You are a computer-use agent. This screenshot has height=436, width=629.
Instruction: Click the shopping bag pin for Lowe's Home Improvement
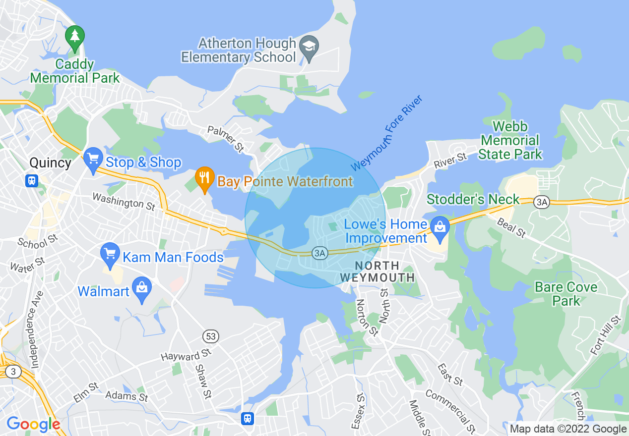(x=440, y=228)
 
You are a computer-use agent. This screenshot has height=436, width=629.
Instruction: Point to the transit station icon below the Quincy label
(x=32, y=180)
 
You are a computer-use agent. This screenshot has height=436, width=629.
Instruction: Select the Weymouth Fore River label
(x=386, y=133)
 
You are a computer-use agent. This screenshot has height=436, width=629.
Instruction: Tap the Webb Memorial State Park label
(x=510, y=141)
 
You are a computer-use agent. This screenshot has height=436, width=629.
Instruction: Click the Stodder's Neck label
(x=473, y=200)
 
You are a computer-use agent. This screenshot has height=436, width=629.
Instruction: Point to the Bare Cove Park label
(x=566, y=294)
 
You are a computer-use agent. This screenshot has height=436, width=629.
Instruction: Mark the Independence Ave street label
(x=35, y=329)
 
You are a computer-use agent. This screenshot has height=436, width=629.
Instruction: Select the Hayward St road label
(x=186, y=355)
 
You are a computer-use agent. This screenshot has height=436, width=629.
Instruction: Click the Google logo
(x=33, y=425)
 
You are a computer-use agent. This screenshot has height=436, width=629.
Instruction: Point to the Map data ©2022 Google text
(x=568, y=429)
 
